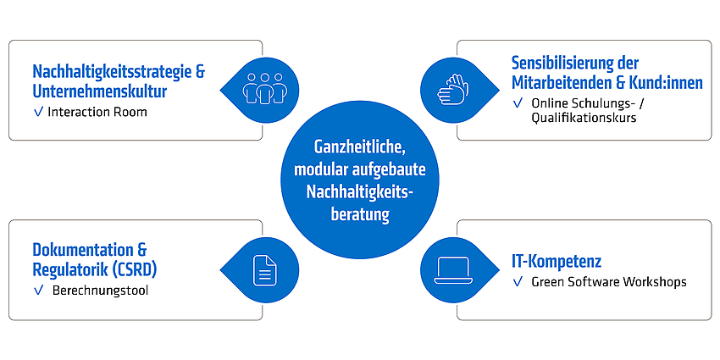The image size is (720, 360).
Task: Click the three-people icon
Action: pos(263,88)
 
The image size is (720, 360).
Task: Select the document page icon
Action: pos(264,269)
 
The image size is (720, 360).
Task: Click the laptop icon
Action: pos(453,269)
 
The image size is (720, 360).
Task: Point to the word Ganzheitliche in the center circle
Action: pos(359,147)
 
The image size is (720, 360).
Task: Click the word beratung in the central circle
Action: pos(360,214)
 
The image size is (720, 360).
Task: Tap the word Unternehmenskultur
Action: pos(99,91)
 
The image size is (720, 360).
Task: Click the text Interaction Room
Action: pos(97,112)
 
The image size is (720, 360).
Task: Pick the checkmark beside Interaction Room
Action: pos(39,112)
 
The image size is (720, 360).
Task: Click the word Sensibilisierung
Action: pos(562,64)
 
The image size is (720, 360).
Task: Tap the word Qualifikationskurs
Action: pos(584,118)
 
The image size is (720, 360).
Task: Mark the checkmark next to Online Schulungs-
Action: pos(518,104)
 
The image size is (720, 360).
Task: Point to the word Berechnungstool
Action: pos(100,291)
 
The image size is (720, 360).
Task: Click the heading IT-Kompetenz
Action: pos(557,262)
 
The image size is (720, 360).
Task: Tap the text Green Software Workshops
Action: pos(609,282)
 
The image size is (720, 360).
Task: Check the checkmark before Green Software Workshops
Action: pos(518,282)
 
